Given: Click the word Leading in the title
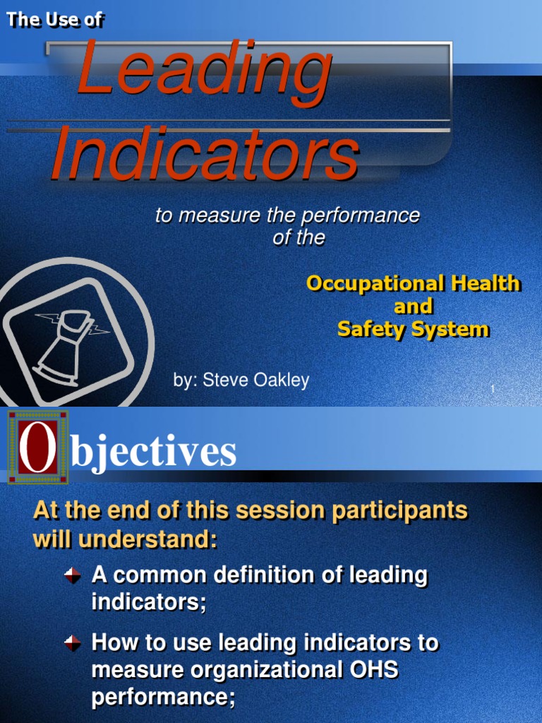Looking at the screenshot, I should [205, 71].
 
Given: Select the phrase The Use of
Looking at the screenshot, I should [55, 20].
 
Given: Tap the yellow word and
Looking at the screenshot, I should [413, 306].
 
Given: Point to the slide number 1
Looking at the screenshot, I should [492, 390].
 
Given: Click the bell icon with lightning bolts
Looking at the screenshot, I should [68, 346].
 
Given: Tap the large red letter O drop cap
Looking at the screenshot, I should [38, 448].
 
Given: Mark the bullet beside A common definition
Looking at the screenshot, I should [73, 576].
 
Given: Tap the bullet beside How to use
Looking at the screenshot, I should [73, 643].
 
